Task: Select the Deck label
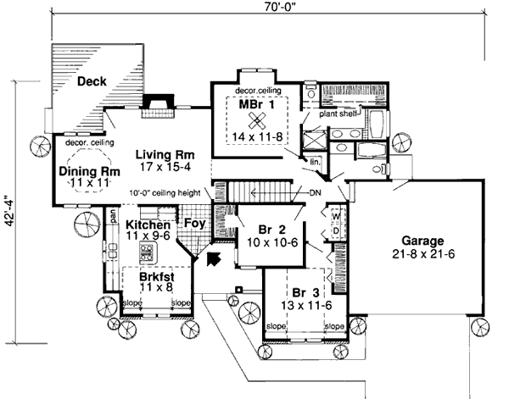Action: tap(91, 81)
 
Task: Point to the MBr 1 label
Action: tap(260, 103)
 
